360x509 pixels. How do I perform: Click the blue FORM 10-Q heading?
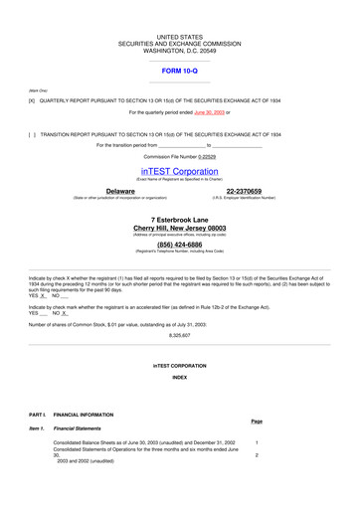[x=179, y=71]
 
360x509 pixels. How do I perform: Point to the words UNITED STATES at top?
[x=179, y=37]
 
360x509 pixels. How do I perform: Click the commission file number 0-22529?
[x=200, y=156]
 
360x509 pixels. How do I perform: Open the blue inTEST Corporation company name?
[x=179, y=171]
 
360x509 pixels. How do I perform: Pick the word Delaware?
[x=120, y=191]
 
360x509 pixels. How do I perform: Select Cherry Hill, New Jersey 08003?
[x=180, y=228]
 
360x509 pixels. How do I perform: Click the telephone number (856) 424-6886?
[x=180, y=244]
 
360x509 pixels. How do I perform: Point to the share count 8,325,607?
[x=180, y=335]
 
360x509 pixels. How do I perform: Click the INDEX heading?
[x=180, y=379]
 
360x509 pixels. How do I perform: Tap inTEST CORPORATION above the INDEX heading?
[x=180, y=367]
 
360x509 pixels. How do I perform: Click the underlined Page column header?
[x=257, y=422]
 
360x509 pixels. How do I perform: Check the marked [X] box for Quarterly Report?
[x=32, y=100]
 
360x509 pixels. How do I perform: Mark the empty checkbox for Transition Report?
[x=32, y=134]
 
